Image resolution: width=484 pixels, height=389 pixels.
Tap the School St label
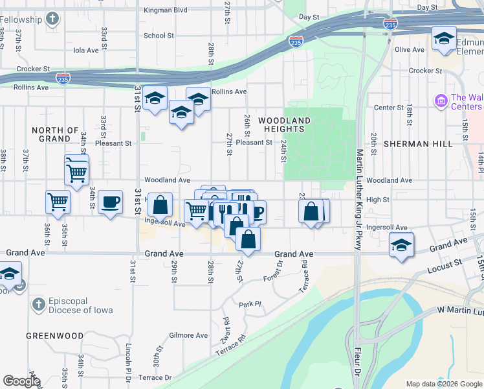[159, 36]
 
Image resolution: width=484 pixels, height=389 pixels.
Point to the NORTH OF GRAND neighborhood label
[55, 134]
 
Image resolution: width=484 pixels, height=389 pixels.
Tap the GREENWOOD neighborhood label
[54, 336]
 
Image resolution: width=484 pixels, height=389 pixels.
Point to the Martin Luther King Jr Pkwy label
[360, 199]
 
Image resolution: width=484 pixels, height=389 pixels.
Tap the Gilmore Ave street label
[188, 335]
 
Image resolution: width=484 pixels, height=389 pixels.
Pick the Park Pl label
[249, 304]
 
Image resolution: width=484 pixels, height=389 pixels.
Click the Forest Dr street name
[273, 272]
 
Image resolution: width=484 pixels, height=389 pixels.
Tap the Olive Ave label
[409, 50]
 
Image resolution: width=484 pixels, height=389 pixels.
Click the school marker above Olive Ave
[444, 38]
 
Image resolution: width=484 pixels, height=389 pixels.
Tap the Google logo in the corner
[21, 381]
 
